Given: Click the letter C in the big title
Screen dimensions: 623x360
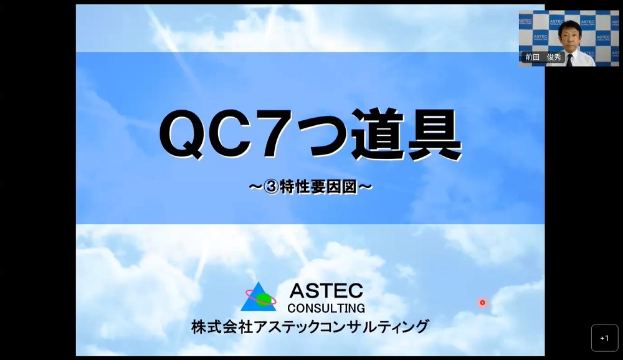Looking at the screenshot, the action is pos(232,134).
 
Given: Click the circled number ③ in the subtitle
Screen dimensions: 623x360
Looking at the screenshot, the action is pos(271,186).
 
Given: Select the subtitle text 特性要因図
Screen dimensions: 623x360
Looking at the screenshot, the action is pos(318,186).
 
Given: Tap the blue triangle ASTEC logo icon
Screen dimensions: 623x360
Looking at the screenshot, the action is pos(259,297).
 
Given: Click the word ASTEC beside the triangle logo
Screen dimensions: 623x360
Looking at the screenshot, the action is pos(326,291).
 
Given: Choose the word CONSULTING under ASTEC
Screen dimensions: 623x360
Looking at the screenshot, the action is pos(326,308).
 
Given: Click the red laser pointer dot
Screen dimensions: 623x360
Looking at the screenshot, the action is pos(482,303).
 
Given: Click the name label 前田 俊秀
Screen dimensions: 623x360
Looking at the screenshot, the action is pos(543,57).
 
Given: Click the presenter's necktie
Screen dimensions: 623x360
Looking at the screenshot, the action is pos(571,60).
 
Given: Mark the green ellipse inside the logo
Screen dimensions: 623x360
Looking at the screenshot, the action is pos(263,299).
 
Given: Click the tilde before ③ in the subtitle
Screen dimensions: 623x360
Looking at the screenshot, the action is pos(255,186).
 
